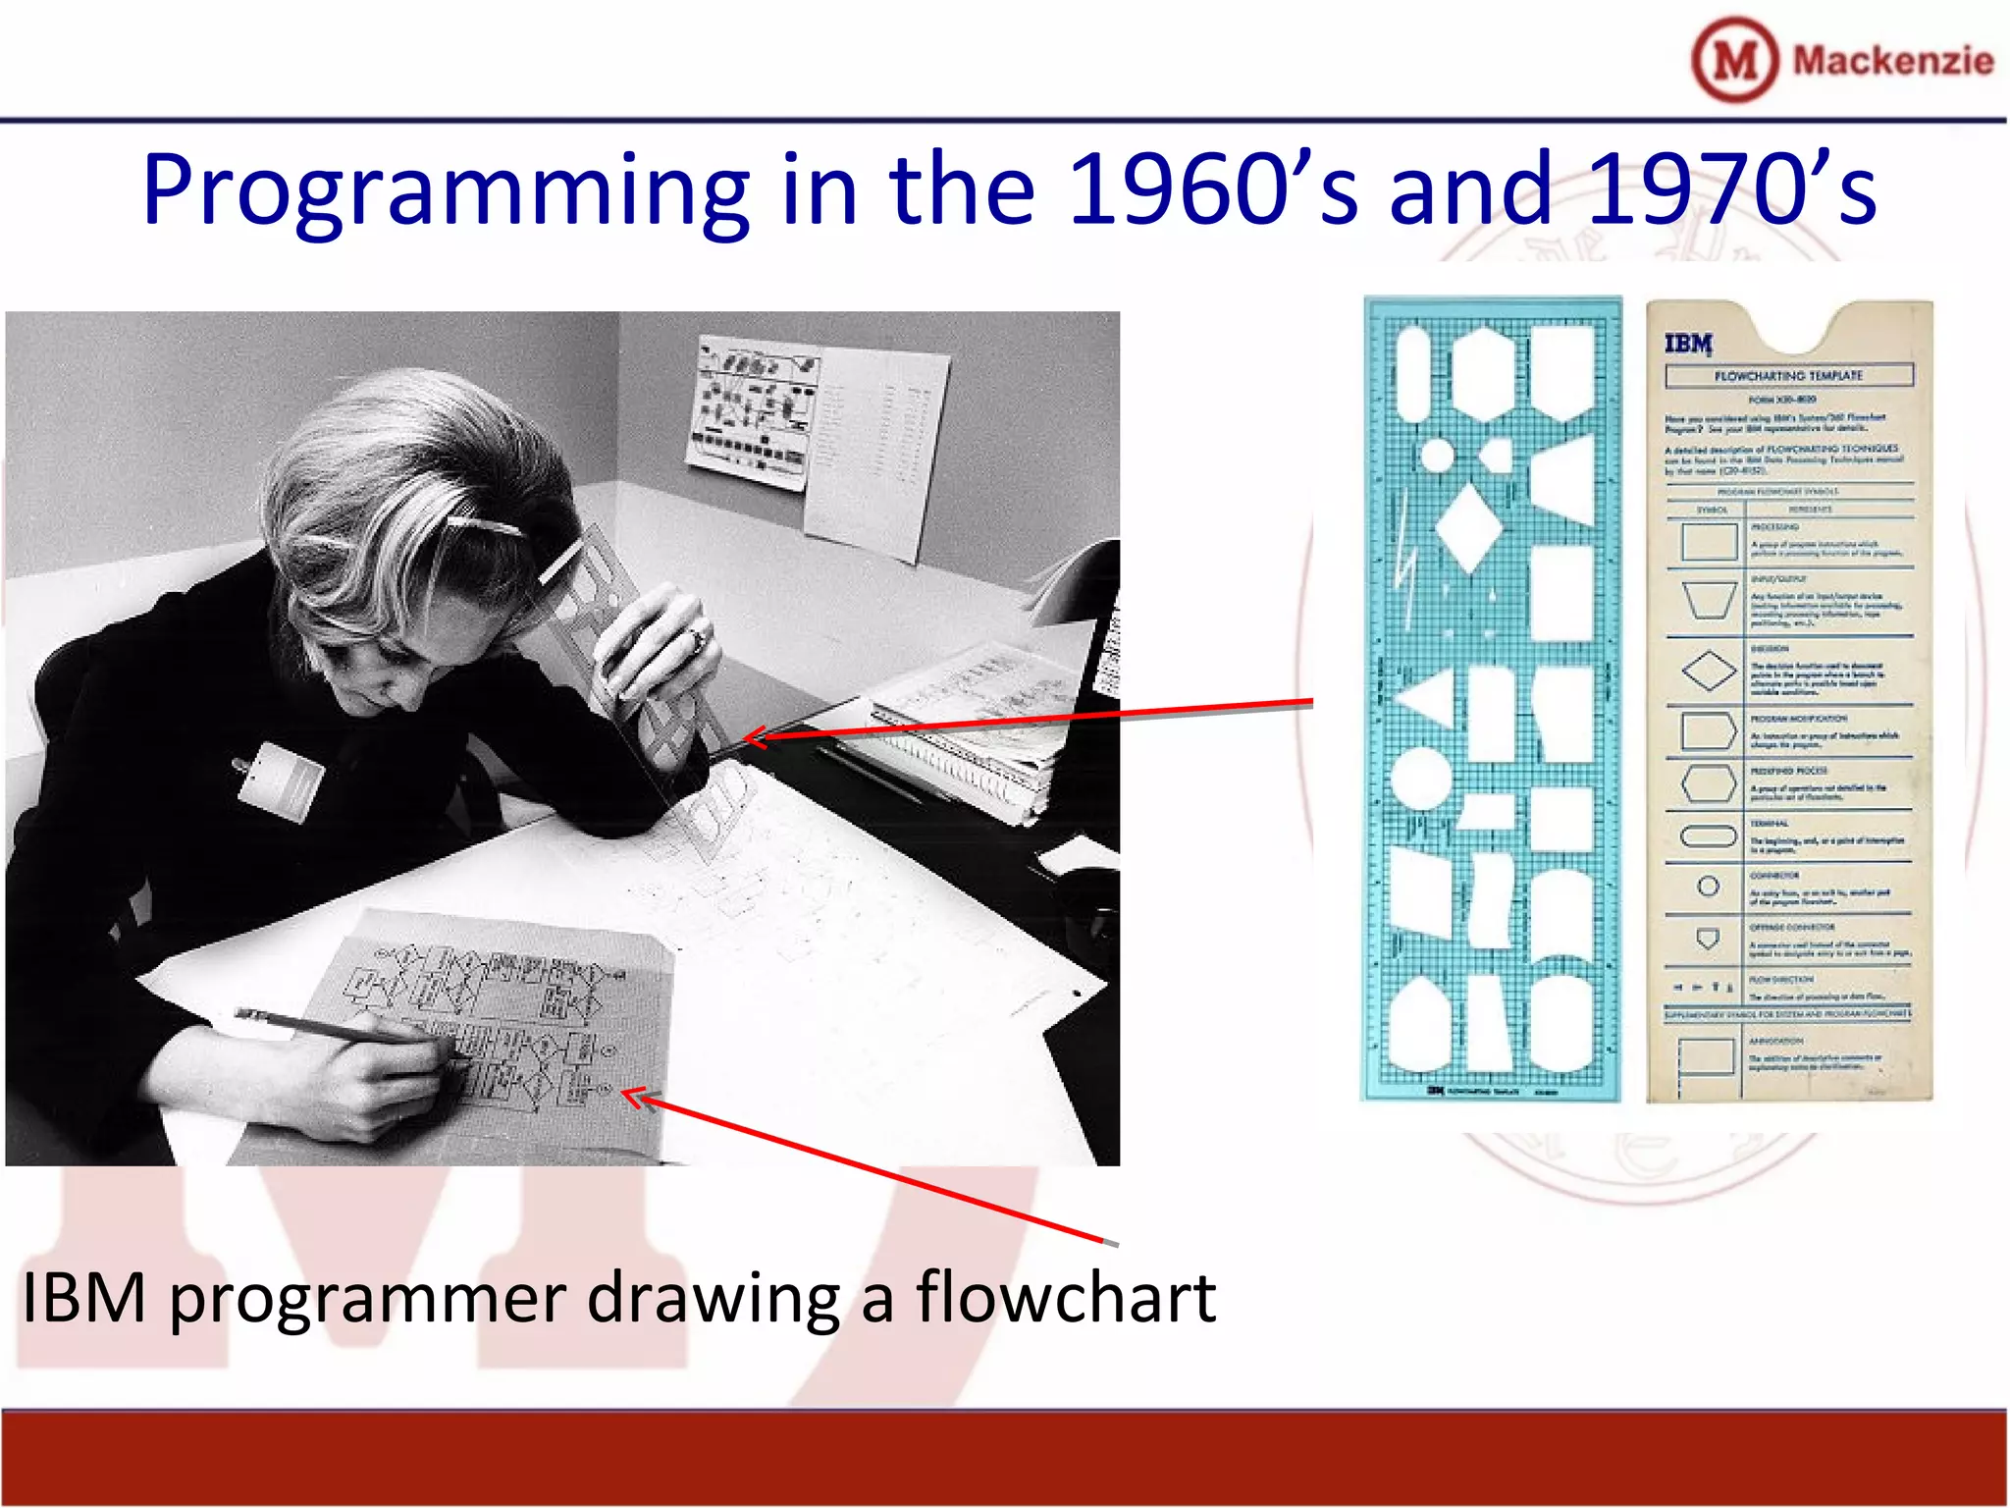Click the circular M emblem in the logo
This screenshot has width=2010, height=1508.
coord(1734,60)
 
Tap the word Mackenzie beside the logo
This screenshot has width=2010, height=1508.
coord(1892,61)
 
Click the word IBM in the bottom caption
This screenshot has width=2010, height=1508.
coord(84,1298)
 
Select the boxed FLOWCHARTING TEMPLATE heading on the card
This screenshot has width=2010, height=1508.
coord(1788,375)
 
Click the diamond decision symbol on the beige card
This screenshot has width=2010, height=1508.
coord(1709,672)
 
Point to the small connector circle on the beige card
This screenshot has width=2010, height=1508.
coord(1708,887)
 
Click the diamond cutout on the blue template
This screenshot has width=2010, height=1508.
coord(1468,526)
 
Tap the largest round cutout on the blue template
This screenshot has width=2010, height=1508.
coord(1420,778)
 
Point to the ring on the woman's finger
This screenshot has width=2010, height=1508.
coord(697,641)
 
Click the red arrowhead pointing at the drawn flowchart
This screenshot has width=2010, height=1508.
coord(638,1098)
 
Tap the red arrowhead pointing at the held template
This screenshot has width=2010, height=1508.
coord(756,736)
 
